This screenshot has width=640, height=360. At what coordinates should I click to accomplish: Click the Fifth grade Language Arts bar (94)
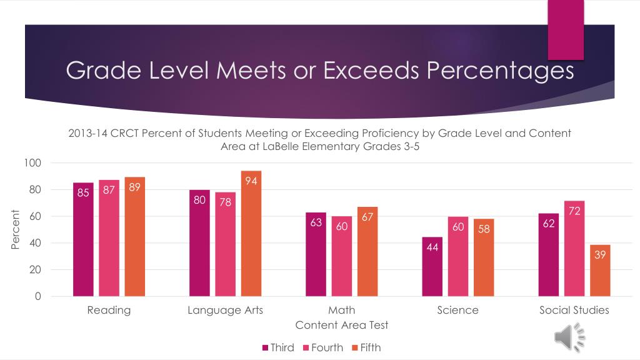(x=251, y=234)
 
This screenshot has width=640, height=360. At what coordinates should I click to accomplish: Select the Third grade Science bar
(x=432, y=266)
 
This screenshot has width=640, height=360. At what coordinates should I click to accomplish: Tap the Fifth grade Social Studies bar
(x=600, y=271)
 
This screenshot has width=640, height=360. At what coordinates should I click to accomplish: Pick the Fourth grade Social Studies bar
(x=574, y=249)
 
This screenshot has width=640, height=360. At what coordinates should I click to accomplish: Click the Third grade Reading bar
(x=83, y=239)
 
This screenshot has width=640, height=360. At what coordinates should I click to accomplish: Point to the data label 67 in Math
(x=367, y=217)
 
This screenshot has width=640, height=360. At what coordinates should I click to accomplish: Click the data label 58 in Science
(x=484, y=229)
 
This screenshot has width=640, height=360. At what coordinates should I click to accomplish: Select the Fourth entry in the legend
(x=323, y=347)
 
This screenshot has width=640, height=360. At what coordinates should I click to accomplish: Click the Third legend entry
(x=278, y=347)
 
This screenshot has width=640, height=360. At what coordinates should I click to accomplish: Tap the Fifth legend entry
(x=366, y=347)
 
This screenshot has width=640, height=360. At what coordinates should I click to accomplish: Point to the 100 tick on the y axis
(x=32, y=163)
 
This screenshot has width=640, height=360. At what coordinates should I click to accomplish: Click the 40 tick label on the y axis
(x=35, y=243)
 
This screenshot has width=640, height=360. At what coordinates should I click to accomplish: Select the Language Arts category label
(x=225, y=310)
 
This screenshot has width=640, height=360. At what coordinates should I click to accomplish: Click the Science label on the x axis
(x=457, y=310)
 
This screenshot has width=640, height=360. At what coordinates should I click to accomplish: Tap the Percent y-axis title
(x=15, y=229)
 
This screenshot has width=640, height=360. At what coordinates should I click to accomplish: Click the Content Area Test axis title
(x=342, y=325)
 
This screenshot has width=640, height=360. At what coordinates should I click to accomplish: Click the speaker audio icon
(x=570, y=337)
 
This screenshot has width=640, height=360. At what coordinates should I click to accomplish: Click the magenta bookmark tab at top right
(x=566, y=30)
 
